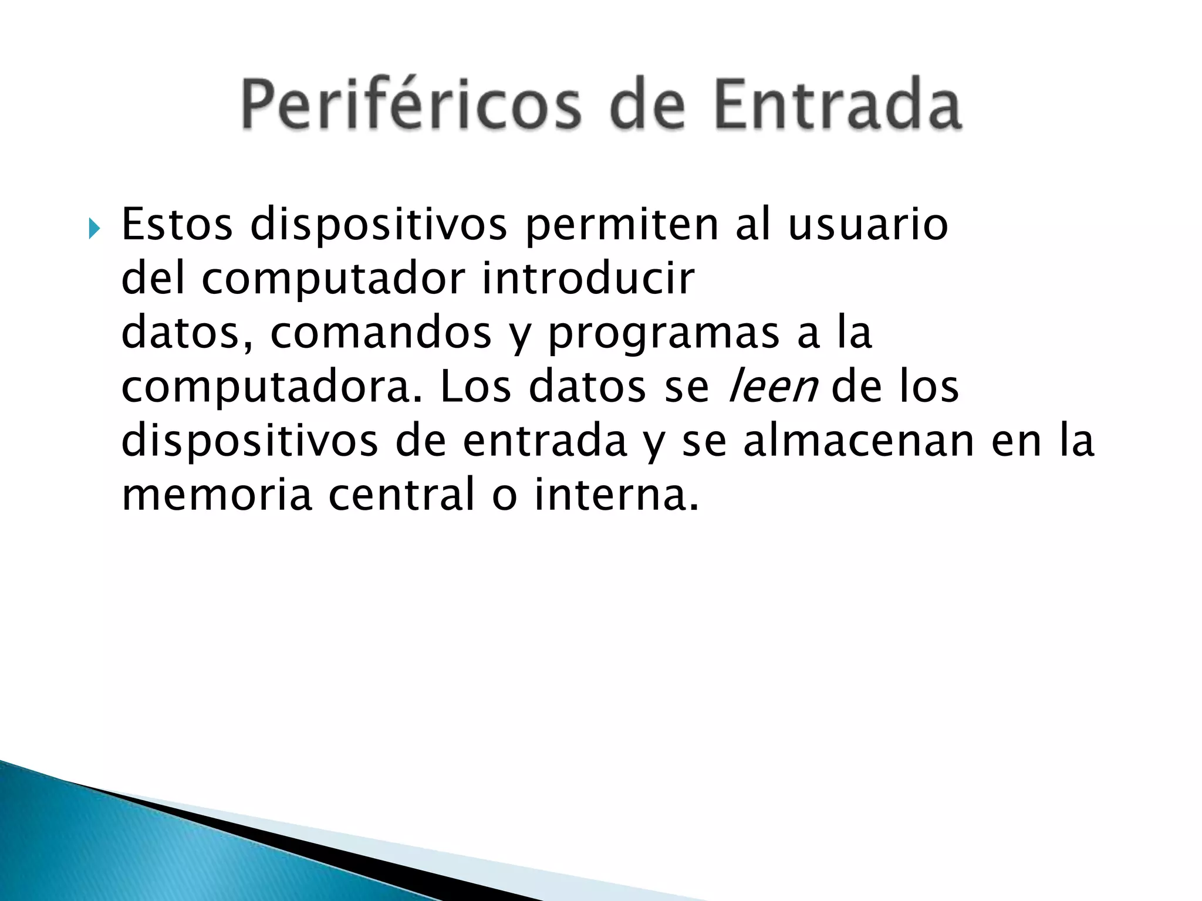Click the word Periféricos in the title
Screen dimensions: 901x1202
(x=411, y=106)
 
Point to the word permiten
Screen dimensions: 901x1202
(x=622, y=226)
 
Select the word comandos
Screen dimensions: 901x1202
(x=380, y=333)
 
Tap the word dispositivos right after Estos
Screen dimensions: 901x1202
(x=379, y=226)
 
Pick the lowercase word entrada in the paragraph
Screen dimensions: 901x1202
(x=545, y=442)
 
